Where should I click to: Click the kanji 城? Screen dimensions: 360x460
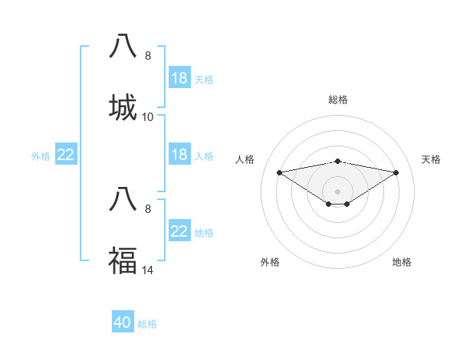tap(123, 108)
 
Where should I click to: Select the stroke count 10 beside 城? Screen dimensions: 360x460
tap(148, 117)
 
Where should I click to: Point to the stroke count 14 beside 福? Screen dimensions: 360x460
tap(148, 270)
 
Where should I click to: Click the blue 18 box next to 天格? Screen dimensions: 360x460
tap(179, 78)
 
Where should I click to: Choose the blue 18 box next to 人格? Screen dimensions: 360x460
tap(179, 155)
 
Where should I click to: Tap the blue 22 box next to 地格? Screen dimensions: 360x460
tap(179, 231)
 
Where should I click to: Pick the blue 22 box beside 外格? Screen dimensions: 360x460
tap(66, 155)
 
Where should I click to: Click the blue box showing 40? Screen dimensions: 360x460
tap(123, 322)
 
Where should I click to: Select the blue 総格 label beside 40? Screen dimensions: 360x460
tap(147, 324)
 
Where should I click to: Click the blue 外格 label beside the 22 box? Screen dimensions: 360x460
tap(41, 155)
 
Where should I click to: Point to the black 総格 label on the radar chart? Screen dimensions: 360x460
tap(338, 100)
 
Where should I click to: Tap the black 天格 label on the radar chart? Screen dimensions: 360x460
tap(431, 159)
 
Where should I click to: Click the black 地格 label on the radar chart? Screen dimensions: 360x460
tap(402, 262)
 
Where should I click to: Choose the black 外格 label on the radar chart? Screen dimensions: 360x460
tap(270, 262)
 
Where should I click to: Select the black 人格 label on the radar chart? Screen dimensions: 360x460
tap(245, 159)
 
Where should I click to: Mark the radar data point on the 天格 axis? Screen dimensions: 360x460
tap(396, 172)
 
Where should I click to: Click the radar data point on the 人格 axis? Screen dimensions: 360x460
tap(279, 172)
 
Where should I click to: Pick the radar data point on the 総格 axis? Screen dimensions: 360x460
tap(338, 161)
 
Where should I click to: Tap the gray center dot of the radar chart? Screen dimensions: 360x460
tap(338, 191)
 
